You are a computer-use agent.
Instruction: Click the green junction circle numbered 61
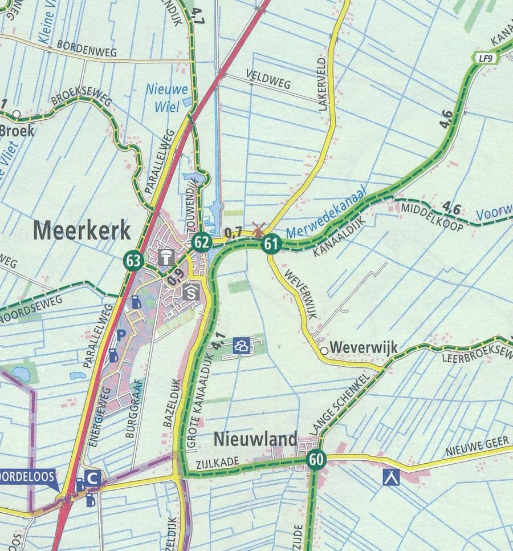pyautogui.click(x=271, y=245)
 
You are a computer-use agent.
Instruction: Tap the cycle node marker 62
pyautogui.click(x=201, y=242)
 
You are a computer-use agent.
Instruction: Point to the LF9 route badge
pyautogui.click(x=484, y=58)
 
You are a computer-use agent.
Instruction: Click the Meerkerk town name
pyautogui.click(x=82, y=231)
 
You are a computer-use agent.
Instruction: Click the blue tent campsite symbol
pyautogui.click(x=392, y=476)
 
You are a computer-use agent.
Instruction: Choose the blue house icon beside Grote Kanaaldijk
pyautogui.click(x=242, y=346)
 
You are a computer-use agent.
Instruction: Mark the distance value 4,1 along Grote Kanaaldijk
pyautogui.click(x=219, y=342)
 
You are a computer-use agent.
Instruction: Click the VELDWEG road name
pyautogui.click(x=268, y=80)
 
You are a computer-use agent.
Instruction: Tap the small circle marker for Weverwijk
pyautogui.click(x=324, y=351)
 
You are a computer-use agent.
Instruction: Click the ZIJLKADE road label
pyautogui.click(x=216, y=464)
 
